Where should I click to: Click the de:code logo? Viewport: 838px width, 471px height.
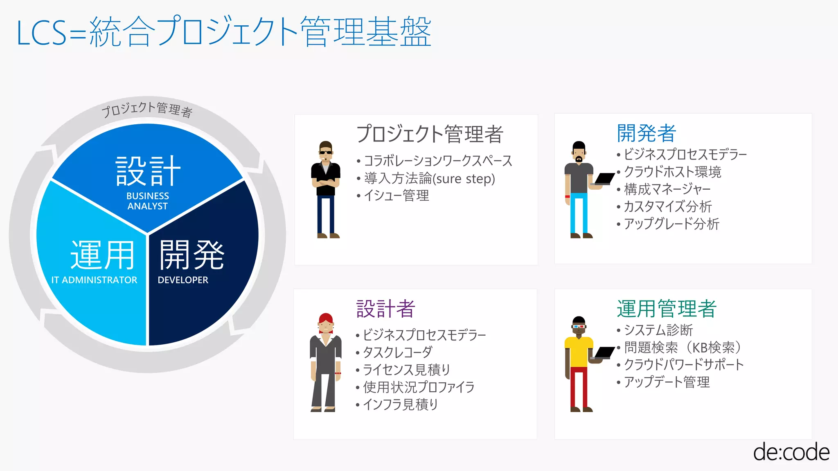point(791,452)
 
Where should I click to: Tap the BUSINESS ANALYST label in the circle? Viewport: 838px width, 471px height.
point(147,201)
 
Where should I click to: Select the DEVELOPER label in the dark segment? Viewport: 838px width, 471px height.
point(183,280)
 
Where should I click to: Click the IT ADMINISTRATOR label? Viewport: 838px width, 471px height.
point(94,280)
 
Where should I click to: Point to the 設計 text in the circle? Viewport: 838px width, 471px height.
point(148,171)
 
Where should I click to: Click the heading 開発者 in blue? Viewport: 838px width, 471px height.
point(646,133)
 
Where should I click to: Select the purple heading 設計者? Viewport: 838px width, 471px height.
point(385,309)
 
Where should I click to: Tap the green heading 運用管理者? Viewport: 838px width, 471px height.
point(667,309)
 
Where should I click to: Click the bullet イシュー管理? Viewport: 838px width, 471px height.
point(396,195)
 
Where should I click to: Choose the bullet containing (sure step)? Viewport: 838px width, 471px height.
point(429,178)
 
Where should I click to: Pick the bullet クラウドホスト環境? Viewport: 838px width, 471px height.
point(672,172)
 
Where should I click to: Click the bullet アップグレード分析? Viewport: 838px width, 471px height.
point(671,224)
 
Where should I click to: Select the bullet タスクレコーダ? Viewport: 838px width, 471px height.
point(397,352)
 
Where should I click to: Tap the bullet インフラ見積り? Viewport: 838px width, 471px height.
point(400,404)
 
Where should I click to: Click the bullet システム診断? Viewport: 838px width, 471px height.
point(658,330)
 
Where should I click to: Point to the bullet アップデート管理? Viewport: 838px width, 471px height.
point(667,382)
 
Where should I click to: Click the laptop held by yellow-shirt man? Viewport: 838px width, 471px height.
point(604,352)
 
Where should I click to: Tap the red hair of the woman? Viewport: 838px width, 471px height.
point(326,318)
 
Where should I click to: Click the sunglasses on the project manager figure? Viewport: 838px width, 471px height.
point(326,153)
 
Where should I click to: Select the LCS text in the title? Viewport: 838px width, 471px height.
point(41,33)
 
